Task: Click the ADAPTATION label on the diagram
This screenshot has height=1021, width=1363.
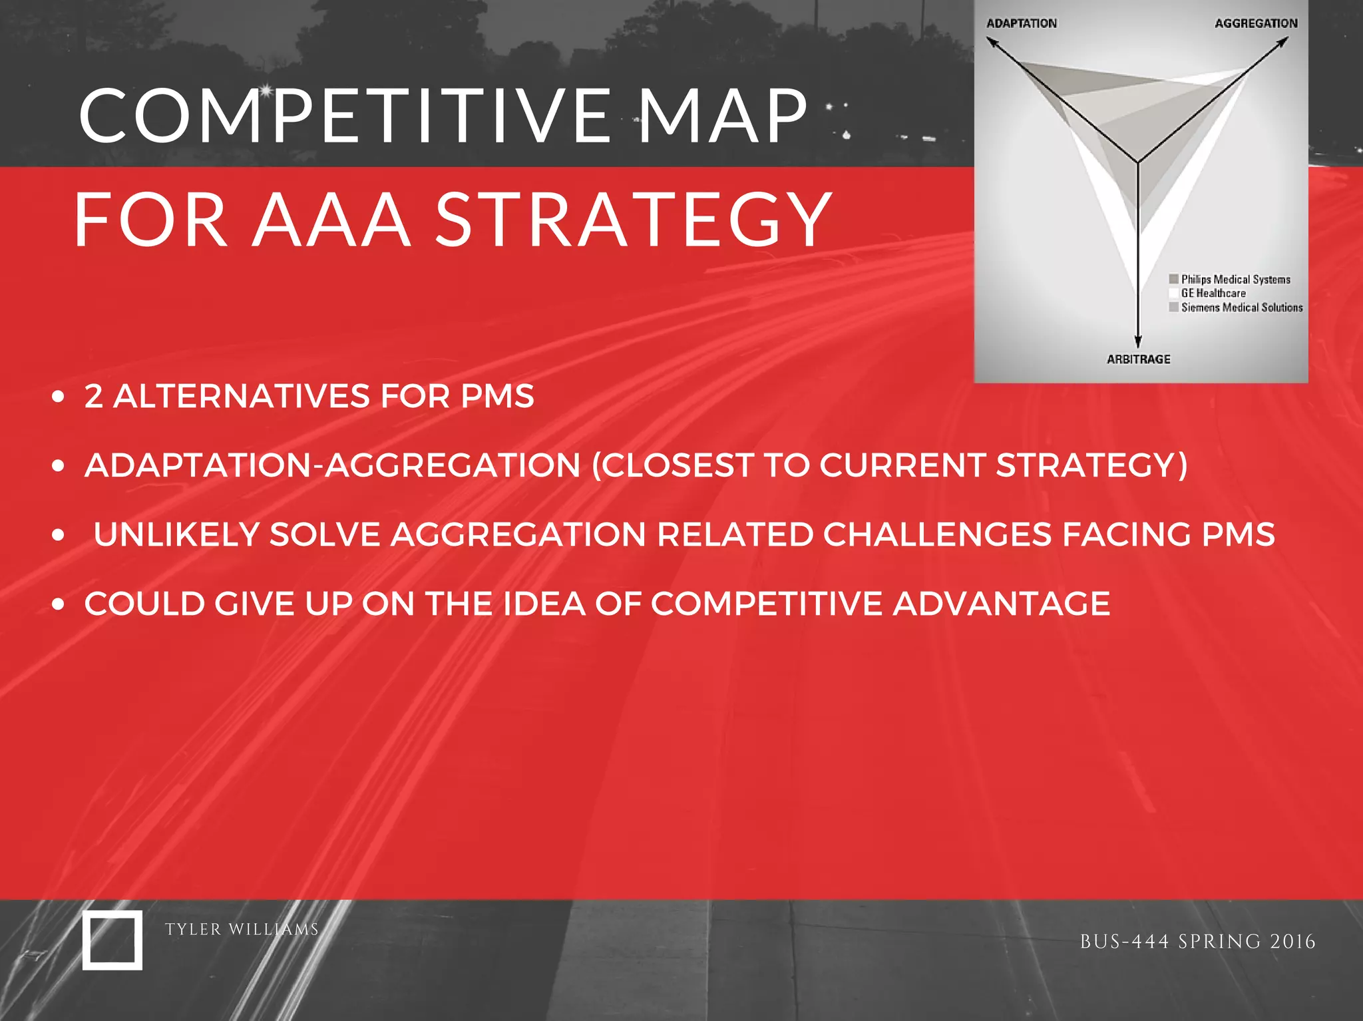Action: tap(1021, 23)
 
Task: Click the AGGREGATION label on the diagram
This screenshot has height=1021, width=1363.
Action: tap(1256, 23)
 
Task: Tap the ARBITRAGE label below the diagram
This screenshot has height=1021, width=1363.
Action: tap(1138, 359)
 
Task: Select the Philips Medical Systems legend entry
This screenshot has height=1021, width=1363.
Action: tap(1235, 280)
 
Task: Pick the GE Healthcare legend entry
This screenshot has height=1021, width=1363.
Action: tap(1213, 294)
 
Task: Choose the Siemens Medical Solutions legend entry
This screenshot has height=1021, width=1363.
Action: tap(1241, 307)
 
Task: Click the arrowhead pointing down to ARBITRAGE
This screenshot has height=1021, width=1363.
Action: tap(1138, 341)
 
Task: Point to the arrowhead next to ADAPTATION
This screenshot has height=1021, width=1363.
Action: tap(992, 43)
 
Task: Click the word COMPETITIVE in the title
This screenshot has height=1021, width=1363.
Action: tap(345, 116)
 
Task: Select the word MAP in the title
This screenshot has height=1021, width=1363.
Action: tap(722, 116)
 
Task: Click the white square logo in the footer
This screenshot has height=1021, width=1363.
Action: tap(112, 940)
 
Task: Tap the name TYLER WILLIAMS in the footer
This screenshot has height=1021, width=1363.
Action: tap(242, 929)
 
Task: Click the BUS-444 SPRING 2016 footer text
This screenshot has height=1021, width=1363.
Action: tap(1197, 942)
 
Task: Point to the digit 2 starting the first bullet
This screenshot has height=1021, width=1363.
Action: tap(94, 397)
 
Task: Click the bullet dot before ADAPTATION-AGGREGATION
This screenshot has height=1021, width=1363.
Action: tap(59, 466)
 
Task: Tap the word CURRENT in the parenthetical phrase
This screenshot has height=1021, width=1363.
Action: tap(902, 465)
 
